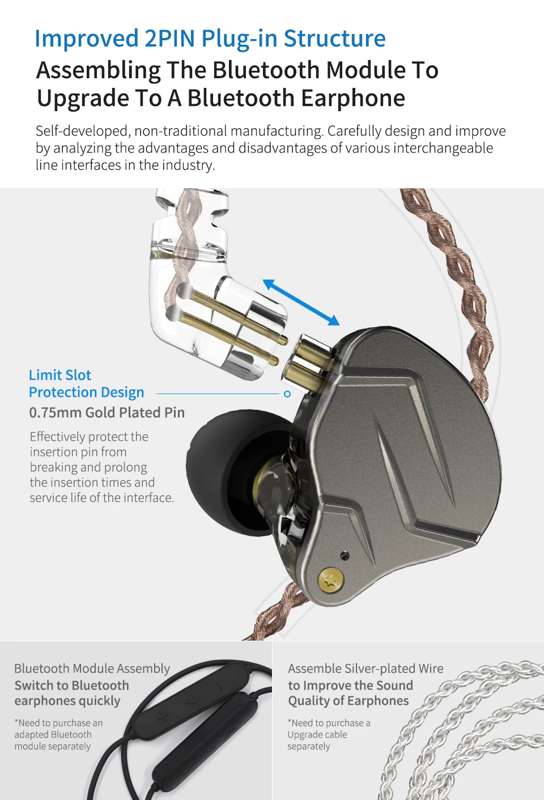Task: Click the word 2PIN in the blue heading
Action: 170,39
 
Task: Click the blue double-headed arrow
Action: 301,302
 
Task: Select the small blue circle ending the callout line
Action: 287,394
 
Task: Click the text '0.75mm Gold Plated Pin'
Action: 107,413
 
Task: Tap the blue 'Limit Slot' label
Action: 60,375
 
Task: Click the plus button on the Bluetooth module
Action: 163,716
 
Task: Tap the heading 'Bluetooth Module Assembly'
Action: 92,669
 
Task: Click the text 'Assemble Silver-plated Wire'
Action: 365,669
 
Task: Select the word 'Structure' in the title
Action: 334,39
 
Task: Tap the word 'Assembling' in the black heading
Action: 99,70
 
